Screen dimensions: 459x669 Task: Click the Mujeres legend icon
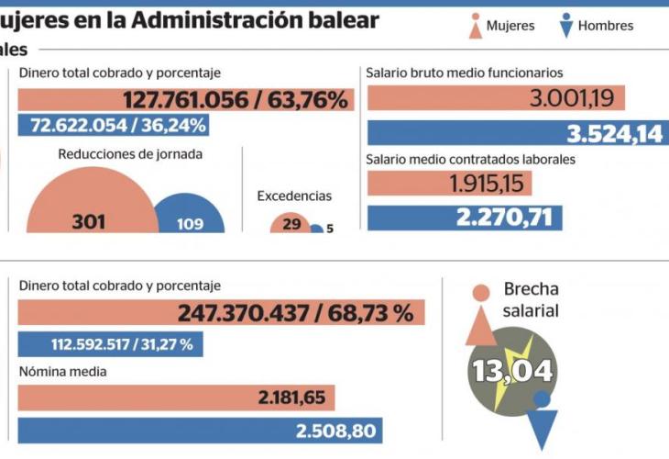475,27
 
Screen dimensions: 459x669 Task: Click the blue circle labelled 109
190,215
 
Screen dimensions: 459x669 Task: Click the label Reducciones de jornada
130,154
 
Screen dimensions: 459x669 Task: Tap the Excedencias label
294,196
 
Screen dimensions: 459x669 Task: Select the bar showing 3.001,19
496,98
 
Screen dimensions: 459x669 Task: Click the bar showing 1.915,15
449,184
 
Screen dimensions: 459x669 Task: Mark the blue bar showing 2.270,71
465,218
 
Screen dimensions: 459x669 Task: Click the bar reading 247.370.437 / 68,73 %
221,313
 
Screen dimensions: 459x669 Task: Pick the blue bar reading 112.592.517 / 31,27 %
110,345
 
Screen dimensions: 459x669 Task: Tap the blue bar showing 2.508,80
200,431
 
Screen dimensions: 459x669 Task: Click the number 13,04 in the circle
512,371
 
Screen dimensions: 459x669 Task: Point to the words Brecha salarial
531,300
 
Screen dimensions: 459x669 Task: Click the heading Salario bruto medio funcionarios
464,72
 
